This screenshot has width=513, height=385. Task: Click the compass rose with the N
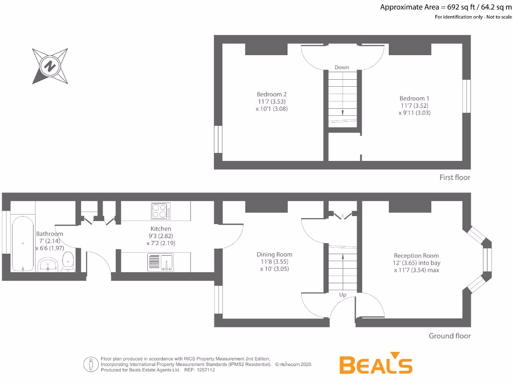50,66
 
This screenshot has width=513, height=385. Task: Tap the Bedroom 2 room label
272,94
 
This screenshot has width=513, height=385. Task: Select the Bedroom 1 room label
414,98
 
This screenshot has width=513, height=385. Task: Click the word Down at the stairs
342,67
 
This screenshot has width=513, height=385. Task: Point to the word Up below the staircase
343,295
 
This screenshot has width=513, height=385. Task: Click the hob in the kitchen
160,211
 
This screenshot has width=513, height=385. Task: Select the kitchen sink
160,262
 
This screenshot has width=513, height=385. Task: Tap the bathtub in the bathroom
23,243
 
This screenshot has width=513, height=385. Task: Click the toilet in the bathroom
68,262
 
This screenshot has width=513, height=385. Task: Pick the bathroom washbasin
48,264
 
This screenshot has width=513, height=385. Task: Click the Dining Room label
275,254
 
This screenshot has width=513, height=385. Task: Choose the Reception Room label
416,255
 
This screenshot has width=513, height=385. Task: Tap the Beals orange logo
376,365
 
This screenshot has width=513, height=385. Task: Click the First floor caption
454,177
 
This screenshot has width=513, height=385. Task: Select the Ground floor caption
449,336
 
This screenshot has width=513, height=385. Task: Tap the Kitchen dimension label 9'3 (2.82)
160,236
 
